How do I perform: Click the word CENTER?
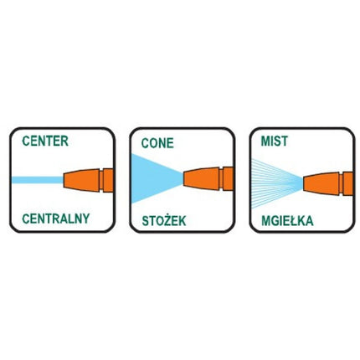(45, 141)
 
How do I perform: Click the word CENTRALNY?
(56, 219)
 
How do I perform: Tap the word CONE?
(157, 143)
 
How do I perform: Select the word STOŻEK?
(164, 220)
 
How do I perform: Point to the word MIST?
(274, 141)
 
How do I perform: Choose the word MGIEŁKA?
(287, 221)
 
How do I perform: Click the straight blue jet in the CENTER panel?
(38, 180)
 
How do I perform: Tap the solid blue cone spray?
(157, 178)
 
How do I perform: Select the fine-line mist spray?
(277, 183)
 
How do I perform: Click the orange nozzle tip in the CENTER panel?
(81, 180)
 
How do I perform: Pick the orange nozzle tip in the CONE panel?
(201, 178)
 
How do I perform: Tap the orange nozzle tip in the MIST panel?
(321, 183)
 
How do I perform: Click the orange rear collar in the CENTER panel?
(108, 180)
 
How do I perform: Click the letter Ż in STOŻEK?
(167, 220)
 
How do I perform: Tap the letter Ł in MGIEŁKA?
(293, 221)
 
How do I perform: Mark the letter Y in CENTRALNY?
(86, 219)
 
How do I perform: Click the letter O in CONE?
(153, 143)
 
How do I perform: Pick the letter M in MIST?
(265, 141)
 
